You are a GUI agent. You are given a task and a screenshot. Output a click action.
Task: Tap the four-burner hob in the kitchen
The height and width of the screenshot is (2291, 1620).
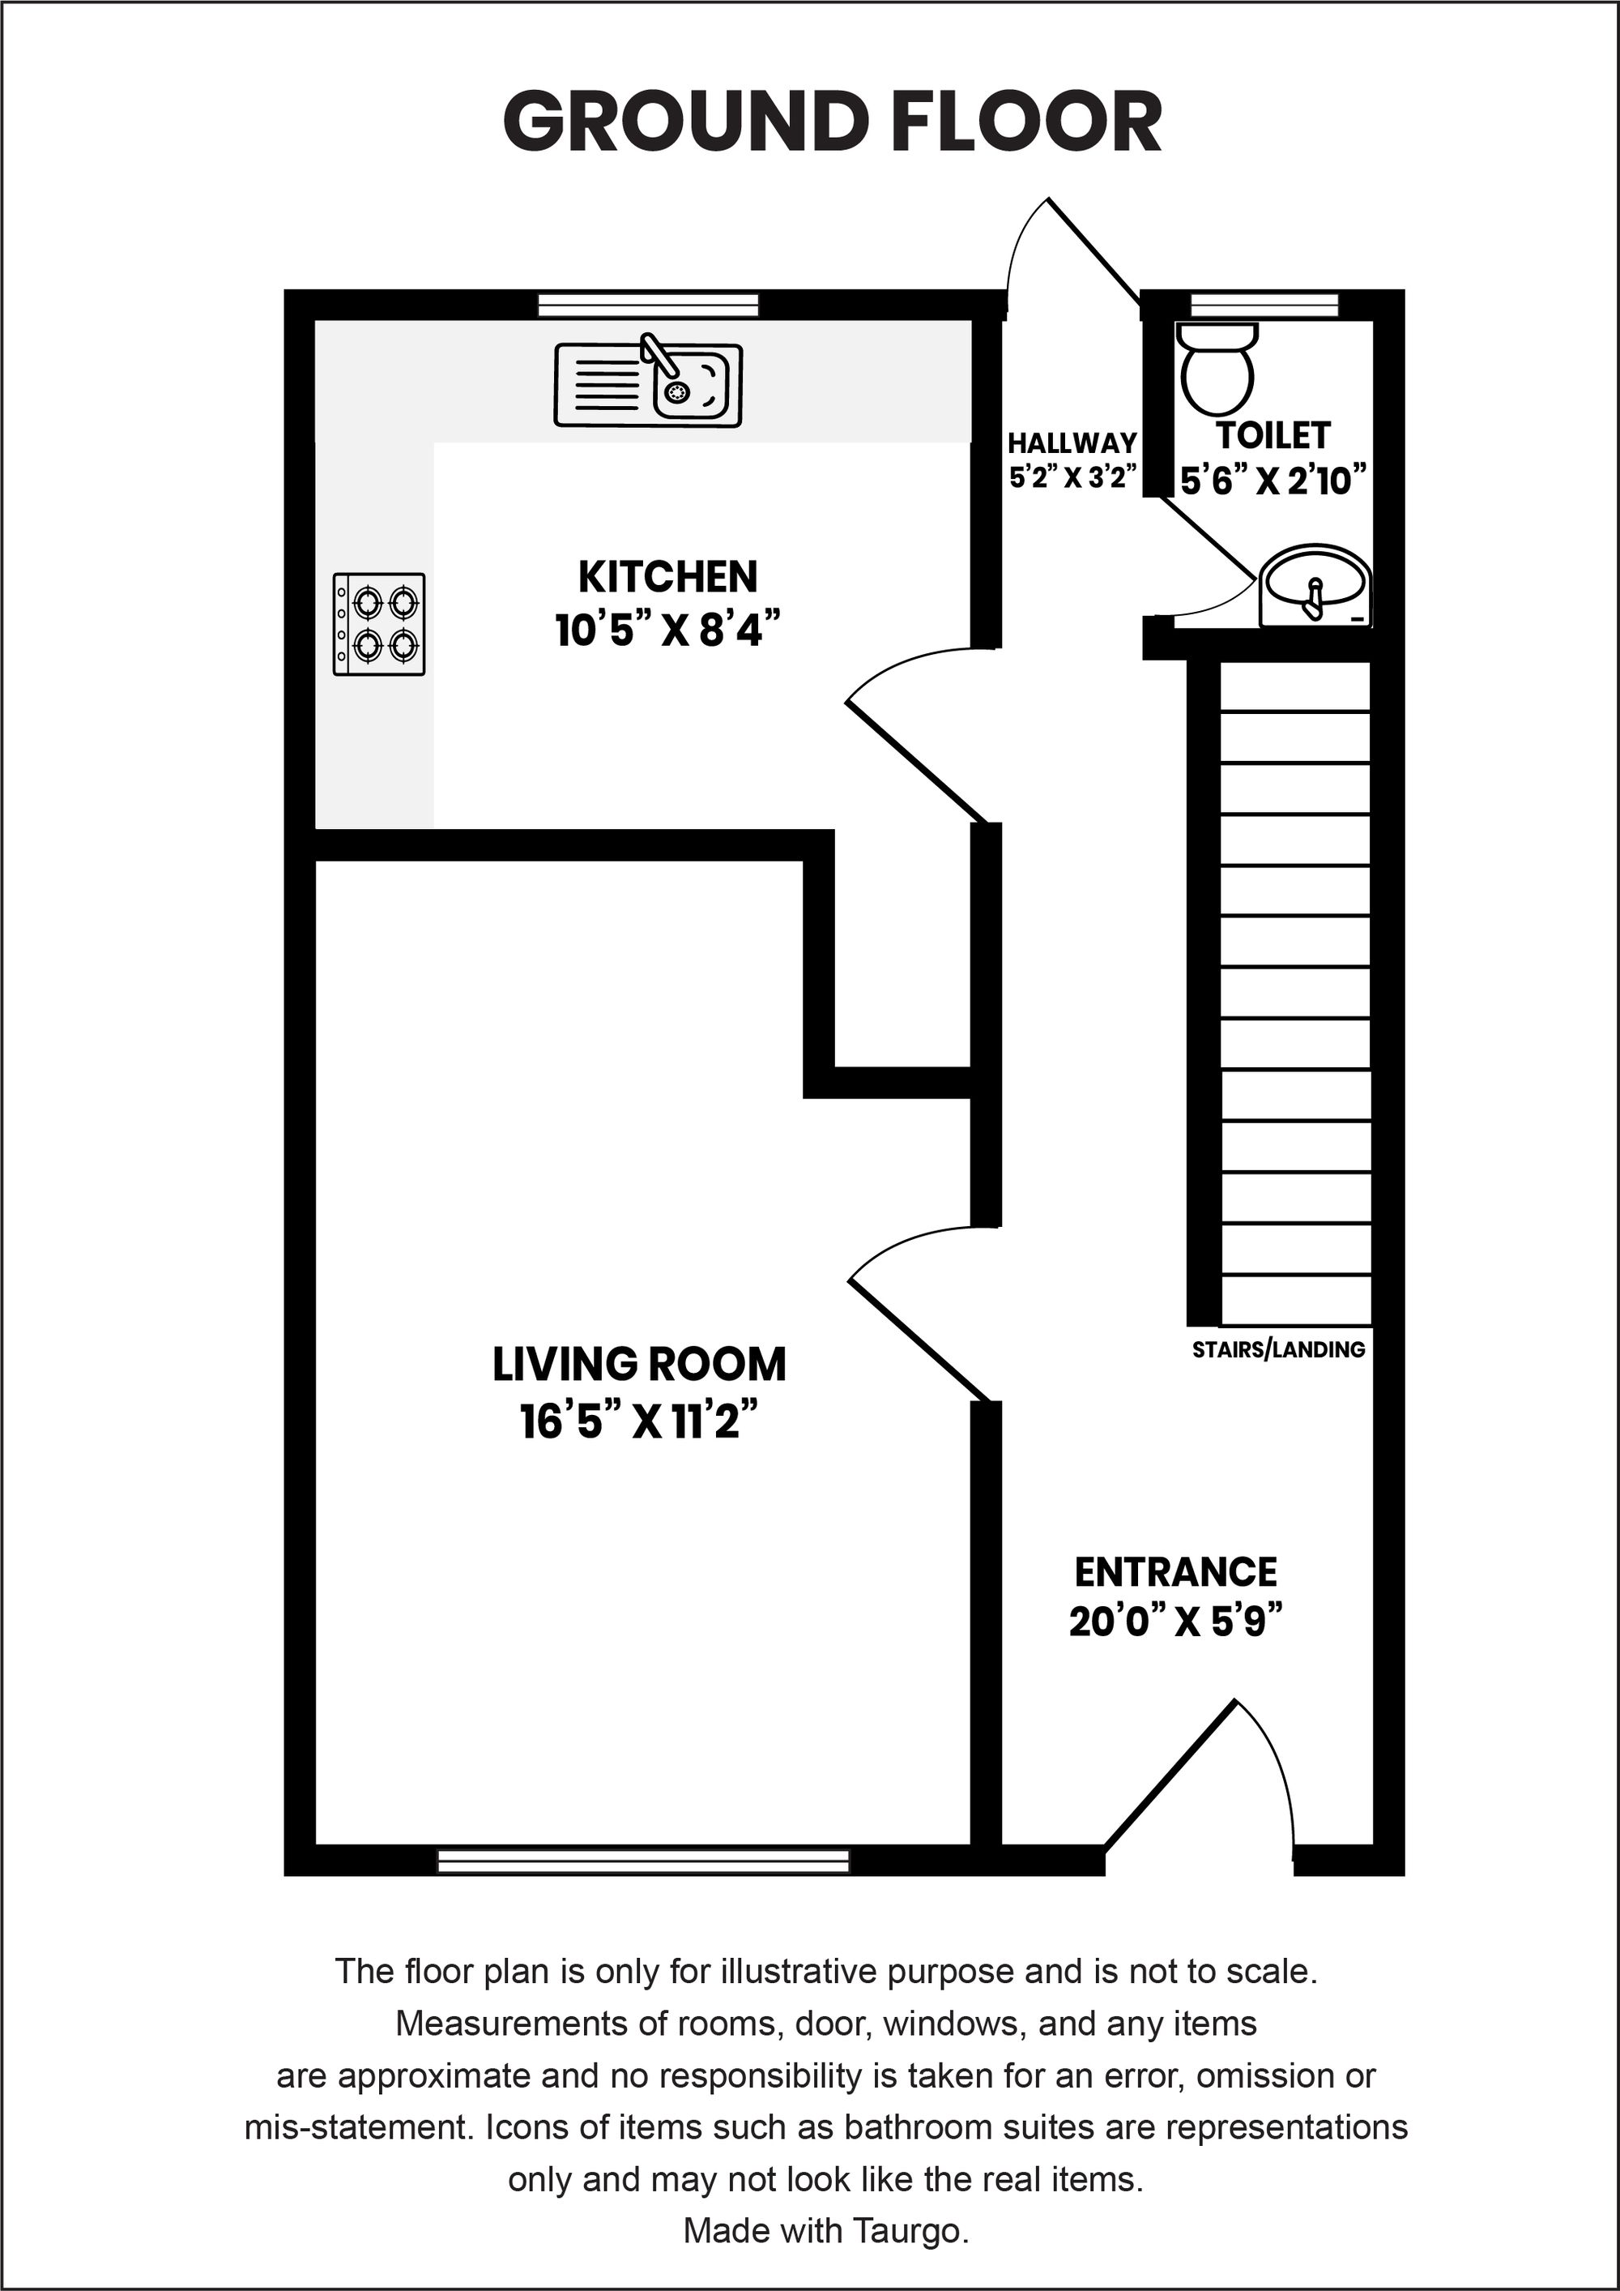[379, 625]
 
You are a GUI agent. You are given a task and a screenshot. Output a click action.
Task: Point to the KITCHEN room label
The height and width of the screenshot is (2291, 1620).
[667, 577]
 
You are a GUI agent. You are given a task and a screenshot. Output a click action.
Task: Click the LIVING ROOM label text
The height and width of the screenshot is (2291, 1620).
[639, 1364]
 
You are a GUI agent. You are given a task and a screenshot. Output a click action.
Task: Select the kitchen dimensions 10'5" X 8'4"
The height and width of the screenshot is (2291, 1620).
[667, 630]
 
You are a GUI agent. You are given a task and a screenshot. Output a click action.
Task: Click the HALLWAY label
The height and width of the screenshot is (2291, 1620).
[1072, 442]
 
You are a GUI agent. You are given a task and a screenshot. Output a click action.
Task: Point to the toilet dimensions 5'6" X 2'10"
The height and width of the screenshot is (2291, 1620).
[1273, 481]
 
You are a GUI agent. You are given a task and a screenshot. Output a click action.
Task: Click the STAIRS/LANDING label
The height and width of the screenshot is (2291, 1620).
[1278, 1349]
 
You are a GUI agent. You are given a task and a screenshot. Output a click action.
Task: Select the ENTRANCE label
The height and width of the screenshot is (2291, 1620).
[1175, 1572]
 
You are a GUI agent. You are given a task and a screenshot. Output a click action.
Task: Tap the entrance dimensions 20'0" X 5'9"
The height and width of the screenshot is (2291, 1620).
[1175, 1622]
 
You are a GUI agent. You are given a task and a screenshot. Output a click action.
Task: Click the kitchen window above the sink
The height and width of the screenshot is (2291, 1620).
[648, 305]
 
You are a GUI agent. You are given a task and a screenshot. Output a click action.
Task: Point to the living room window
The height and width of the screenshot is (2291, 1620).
[643, 1861]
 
